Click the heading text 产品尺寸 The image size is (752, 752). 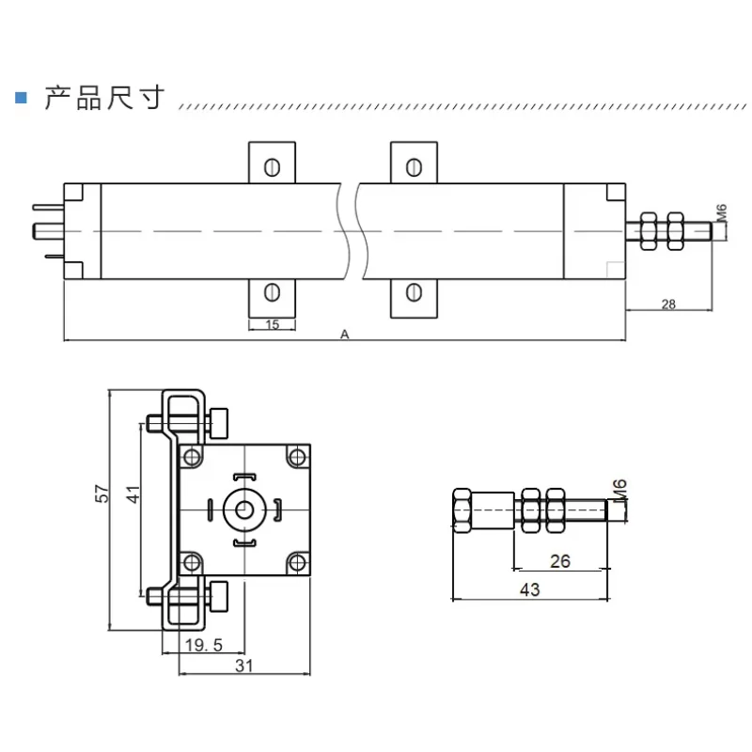[104, 98]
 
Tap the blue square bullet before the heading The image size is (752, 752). [20, 98]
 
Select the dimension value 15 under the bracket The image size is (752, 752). [272, 324]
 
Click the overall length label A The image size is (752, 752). [345, 334]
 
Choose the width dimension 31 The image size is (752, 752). [243, 666]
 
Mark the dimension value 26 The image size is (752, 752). [559, 561]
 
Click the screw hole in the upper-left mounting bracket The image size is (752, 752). [272, 167]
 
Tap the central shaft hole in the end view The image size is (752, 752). [245, 509]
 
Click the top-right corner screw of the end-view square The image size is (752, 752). [297, 457]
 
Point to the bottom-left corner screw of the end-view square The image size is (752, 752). [193, 562]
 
